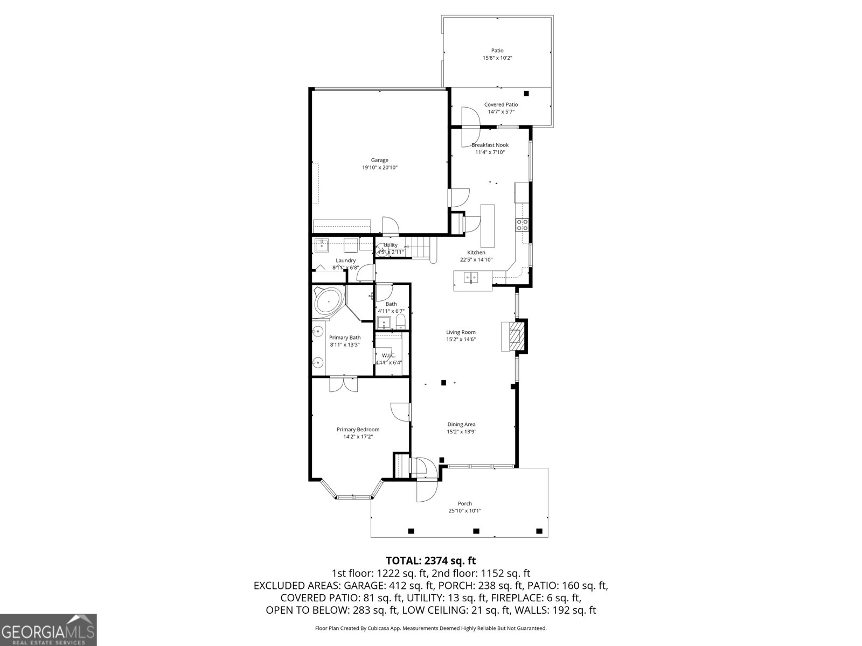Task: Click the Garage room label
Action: point(379,160)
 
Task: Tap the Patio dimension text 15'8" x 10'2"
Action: point(497,58)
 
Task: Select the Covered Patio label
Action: point(500,104)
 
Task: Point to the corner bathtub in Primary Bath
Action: point(328,301)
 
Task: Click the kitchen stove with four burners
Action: point(522,224)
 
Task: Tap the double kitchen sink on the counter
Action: point(472,277)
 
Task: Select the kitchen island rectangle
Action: point(487,225)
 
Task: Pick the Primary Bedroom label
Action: point(358,429)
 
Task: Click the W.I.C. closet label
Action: point(388,355)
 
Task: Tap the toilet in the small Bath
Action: point(400,322)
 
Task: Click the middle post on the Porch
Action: point(476,531)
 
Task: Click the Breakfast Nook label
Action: point(490,145)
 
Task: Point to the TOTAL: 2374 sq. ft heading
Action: point(430,561)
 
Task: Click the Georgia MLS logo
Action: point(48,629)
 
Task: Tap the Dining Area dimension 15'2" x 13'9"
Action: point(461,431)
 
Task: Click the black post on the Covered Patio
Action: point(526,94)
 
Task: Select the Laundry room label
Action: point(345,260)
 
